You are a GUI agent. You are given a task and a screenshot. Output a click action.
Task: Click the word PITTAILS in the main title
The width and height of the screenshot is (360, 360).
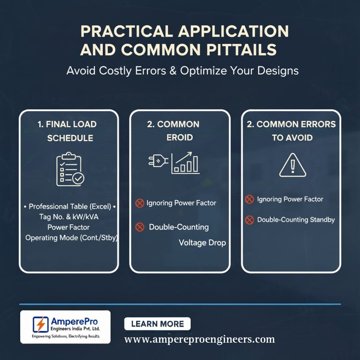(242, 49)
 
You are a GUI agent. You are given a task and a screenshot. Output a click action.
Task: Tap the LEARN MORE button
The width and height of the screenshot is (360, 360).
(157, 324)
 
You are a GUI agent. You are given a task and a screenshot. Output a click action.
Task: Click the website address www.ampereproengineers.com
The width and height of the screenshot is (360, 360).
(200, 339)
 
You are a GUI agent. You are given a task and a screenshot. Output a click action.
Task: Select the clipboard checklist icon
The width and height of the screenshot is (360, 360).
(70, 169)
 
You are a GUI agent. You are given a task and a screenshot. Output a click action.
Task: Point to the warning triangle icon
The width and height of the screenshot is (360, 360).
(293, 165)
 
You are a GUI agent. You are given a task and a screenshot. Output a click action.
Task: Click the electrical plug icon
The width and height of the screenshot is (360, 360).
(158, 160)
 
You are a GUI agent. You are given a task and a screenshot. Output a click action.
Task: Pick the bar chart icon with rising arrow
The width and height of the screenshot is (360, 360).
(185, 163)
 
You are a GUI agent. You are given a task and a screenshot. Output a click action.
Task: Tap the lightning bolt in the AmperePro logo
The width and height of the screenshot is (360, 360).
(41, 324)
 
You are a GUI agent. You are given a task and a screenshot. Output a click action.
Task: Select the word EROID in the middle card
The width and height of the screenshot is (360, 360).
(180, 137)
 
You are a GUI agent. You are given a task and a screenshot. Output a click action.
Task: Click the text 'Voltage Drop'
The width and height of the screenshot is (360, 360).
(202, 243)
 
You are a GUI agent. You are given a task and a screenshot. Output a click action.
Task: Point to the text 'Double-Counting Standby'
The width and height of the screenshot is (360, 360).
(296, 220)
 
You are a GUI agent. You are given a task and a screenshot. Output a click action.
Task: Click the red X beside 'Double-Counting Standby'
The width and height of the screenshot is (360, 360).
(250, 220)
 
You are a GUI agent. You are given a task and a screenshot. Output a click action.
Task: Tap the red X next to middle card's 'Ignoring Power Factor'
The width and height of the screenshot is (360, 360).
(140, 203)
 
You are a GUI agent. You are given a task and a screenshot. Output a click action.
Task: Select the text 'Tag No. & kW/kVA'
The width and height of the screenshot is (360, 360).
(69, 217)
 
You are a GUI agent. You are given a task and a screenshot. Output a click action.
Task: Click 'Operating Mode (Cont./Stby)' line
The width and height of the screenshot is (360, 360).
(71, 238)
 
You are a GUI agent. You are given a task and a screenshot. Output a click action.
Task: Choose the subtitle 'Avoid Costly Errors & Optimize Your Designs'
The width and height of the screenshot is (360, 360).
(183, 70)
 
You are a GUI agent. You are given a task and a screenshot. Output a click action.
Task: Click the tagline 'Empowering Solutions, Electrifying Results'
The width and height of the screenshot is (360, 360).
(66, 336)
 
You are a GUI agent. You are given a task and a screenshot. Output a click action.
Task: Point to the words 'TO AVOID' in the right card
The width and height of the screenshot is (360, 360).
(292, 138)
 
